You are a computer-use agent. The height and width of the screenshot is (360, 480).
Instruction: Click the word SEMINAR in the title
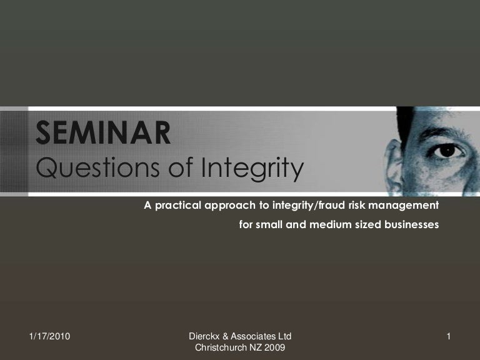(103, 133)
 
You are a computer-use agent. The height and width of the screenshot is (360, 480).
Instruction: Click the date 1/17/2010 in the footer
(49, 337)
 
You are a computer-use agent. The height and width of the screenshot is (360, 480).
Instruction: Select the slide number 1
(449, 337)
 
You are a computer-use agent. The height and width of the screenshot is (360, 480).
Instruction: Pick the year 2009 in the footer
(276, 348)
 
